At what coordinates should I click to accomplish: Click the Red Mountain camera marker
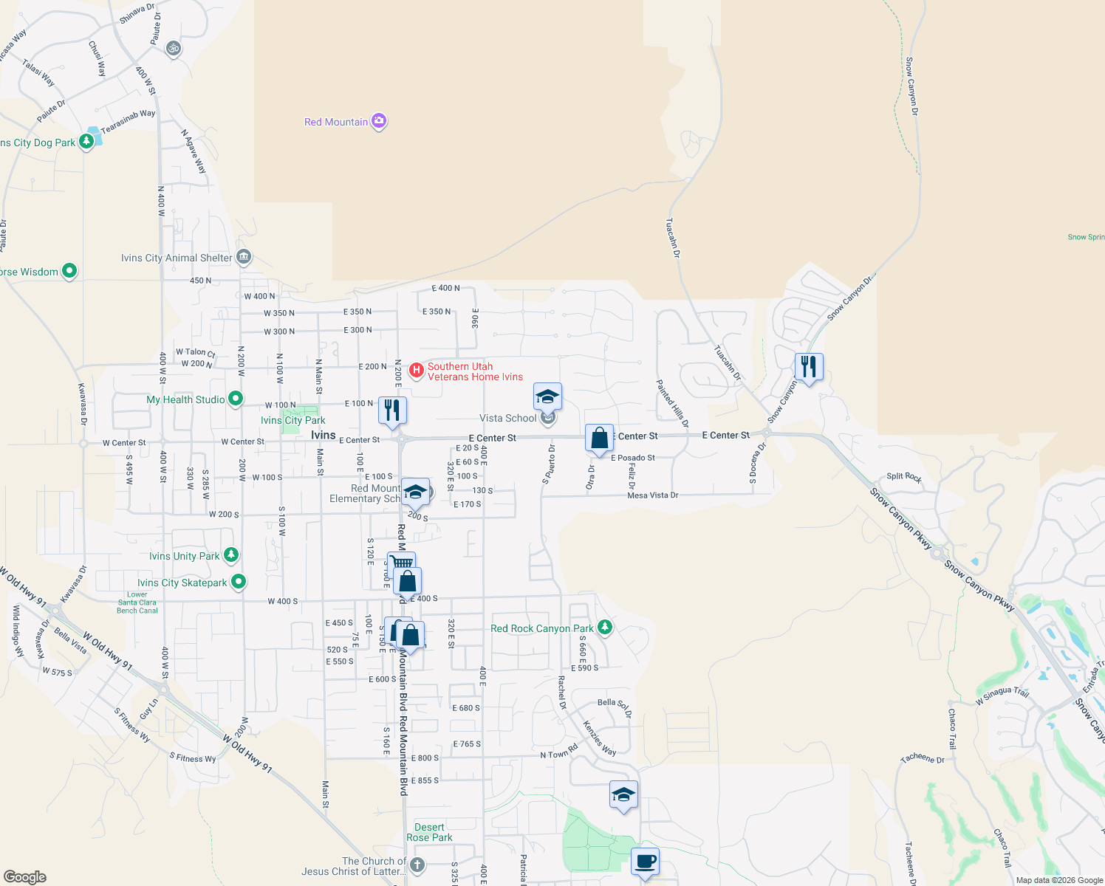click(x=379, y=121)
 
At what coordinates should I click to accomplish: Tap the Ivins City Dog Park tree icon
click(x=86, y=140)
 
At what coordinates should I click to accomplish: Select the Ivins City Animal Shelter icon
click(x=244, y=257)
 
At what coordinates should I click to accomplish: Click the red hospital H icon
click(x=417, y=369)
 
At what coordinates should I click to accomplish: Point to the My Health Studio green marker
click(x=236, y=399)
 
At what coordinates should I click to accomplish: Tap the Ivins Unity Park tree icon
click(x=231, y=554)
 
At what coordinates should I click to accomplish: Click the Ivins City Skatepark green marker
click(x=239, y=582)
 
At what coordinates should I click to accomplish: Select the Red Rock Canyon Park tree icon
click(x=605, y=628)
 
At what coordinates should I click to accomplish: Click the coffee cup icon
click(x=645, y=862)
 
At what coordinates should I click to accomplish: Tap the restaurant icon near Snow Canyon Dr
click(x=809, y=367)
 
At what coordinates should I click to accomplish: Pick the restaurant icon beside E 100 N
click(x=392, y=411)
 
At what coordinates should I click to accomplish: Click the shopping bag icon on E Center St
click(x=600, y=438)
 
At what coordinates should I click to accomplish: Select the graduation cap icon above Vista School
click(x=547, y=397)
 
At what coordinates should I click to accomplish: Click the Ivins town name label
click(x=324, y=435)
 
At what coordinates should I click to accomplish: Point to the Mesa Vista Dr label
click(x=652, y=495)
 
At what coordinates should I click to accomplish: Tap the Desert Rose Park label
click(x=429, y=832)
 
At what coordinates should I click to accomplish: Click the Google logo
click(x=24, y=877)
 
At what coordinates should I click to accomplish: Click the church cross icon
click(x=417, y=865)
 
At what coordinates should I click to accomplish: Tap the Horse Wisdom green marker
click(x=69, y=271)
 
